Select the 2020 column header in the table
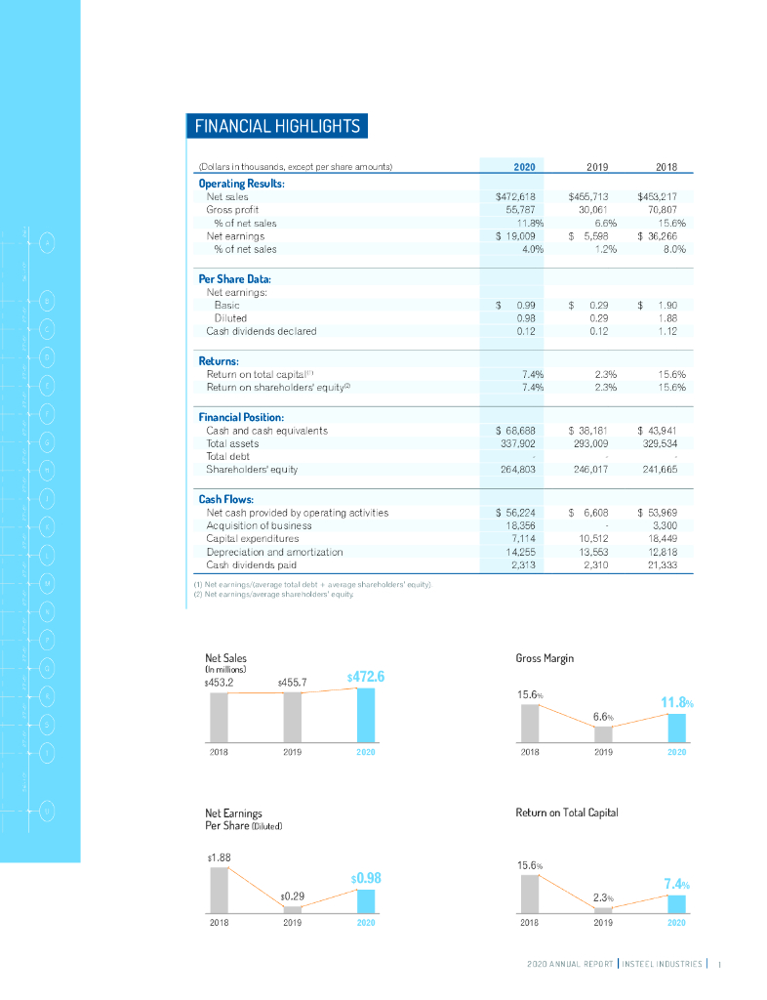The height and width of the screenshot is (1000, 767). (x=515, y=167)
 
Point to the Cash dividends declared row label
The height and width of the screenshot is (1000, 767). (x=261, y=331)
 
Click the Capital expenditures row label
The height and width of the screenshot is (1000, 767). (x=253, y=538)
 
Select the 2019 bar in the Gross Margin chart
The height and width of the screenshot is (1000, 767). (x=603, y=734)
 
